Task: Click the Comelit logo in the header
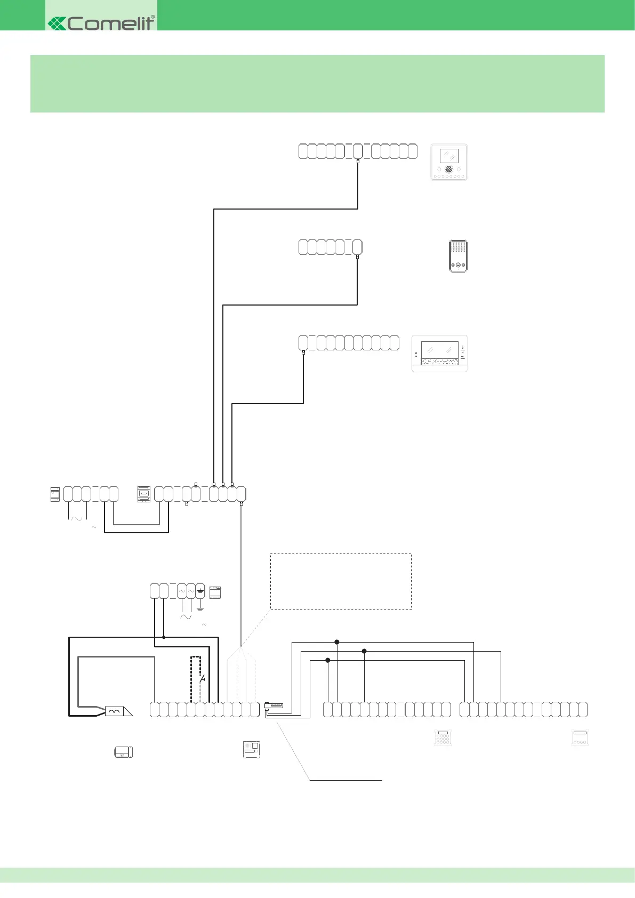[x=101, y=22]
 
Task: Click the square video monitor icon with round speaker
[x=449, y=162]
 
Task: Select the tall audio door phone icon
[x=458, y=256]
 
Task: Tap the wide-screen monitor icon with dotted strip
[x=439, y=354]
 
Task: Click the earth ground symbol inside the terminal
[x=200, y=591]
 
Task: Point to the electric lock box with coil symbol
[x=115, y=711]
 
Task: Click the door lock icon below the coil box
[x=124, y=752]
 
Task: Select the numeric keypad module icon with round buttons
[x=443, y=738]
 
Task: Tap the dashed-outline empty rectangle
[x=341, y=581]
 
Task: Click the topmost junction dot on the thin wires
[x=337, y=642]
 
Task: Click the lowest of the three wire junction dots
[x=328, y=660]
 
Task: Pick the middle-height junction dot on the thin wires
[x=364, y=651]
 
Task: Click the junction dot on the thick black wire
[x=164, y=637]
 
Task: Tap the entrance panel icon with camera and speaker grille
[x=251, y=749]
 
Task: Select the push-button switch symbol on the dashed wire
[x=202, y=679]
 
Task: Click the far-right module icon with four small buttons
[x=580, y=738]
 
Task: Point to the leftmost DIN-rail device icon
[x=55, y=494]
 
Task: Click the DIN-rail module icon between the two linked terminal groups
[x=144, y=494]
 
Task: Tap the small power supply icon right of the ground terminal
[x=215, y=592]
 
